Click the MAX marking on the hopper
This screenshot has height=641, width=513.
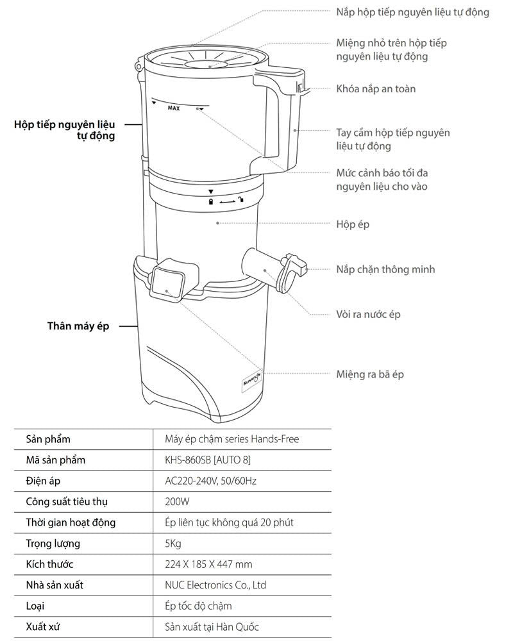pos(173,108)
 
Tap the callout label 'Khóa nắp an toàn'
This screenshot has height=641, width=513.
pos(376,88)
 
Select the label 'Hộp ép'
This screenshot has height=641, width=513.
pos(353,224)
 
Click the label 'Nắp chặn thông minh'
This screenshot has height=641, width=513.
pos(385,269)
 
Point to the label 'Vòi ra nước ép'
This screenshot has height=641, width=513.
pos(369,315)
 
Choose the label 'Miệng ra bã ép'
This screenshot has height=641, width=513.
pos(370,374)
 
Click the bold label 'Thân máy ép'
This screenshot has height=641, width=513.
pos(78,326)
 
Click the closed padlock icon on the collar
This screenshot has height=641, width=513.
pos(210,201)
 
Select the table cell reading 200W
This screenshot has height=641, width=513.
pos(173,501)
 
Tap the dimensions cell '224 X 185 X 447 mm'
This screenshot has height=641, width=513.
pos(208,564)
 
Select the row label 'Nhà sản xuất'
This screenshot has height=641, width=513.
pos(55,585)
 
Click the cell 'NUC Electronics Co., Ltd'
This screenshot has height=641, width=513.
pos(215,585)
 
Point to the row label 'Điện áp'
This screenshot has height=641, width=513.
pos(44,481)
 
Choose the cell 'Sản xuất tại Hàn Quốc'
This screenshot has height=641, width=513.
pos(212,626)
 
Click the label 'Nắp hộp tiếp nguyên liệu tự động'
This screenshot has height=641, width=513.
pos(412,12)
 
